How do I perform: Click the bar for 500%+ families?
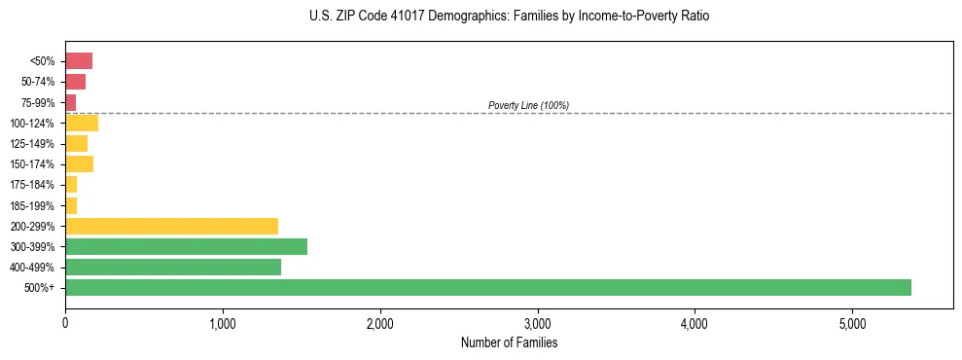[487, 287]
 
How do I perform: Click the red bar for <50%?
[79, 60]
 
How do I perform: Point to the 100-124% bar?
[82, 123]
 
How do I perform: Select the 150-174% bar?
[79, 163]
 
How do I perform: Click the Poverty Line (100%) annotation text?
[528, 105]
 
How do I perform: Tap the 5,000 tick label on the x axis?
[852, 323]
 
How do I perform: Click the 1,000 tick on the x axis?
[223, 323]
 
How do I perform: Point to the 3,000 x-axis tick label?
[537, 323]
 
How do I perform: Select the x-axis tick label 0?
[65, 323]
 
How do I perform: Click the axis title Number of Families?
[509, 342]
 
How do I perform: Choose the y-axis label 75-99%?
[38, 102]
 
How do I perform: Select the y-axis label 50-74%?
[38, 82]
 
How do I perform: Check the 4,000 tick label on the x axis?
[695, 323]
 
